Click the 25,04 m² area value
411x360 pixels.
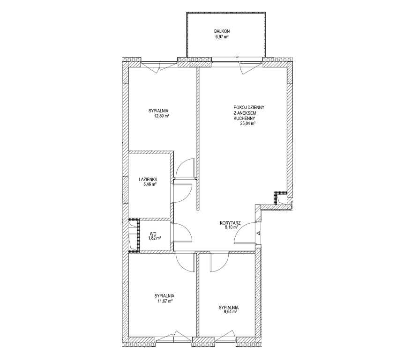(x=248, y=124)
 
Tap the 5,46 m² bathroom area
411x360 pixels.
(x=149, y=184)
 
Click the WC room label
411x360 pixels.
(x=153, y=233)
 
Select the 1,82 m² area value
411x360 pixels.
(x=154, y=238)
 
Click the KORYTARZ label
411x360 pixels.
(x=230, y=223)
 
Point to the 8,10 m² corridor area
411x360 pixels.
(x=231, y=228)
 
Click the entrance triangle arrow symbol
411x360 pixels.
(x=258, y=233)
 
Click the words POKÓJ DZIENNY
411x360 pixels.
(x=249, y=107)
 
